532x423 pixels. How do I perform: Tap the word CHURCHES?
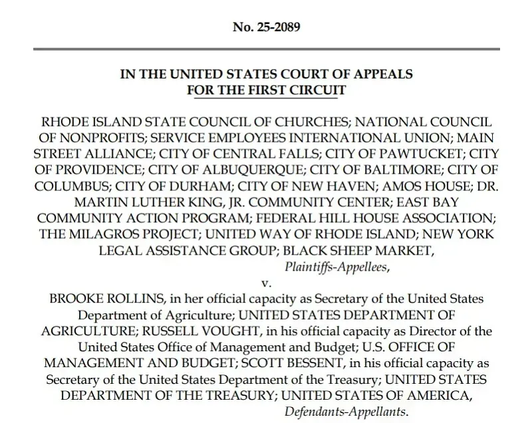[297, 123]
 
